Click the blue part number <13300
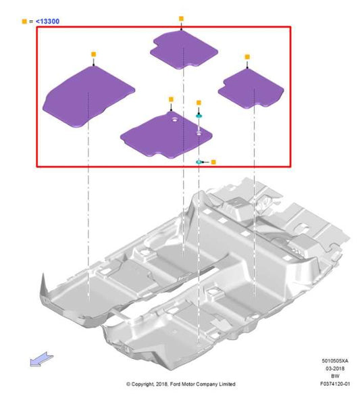coord(47,22)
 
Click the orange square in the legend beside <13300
coord(24,22)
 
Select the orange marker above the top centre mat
coord(181,19)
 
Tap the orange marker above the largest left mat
coord(93,54)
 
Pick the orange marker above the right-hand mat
coord(247,57)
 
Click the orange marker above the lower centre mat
coord(171,99)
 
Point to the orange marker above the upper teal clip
coord(199,103)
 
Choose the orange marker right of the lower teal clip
coord(213,162)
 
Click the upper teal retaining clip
coord(199,116)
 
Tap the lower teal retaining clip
coord(199,162)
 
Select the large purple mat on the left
coord(88,97)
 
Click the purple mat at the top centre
coord(184,50)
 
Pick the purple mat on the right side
coord(251,89)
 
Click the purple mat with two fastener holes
coord(166,136)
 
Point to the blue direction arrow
coord(41,359)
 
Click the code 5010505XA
coord(335,361)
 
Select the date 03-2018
coord(335,368)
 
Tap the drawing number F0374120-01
coord(335,384)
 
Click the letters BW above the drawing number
coord(335,376)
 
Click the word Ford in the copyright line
coord(175,384)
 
